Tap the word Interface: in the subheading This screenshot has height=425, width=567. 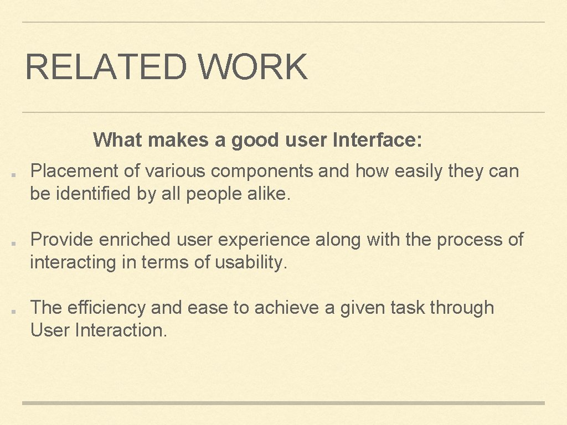[x=378, y=141]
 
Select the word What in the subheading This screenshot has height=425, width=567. [x=118, y=140]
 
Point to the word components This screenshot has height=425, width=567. [x=262, y=172]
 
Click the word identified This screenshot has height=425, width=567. [x=91, y=194]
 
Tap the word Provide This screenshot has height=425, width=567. [x=62, y=240]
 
